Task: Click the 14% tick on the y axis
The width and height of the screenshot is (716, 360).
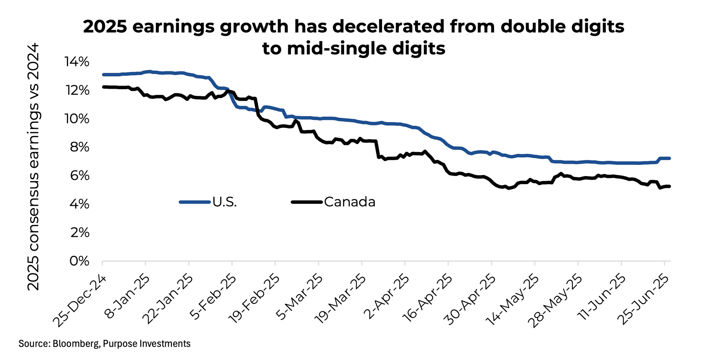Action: tap(77, 62)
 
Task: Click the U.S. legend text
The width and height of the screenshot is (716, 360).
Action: tap(224, 202)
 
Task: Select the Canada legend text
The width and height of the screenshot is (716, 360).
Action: tap(349, 202)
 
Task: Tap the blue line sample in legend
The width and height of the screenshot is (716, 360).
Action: tap(194, 202)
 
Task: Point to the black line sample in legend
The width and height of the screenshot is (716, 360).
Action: tap(307, 202)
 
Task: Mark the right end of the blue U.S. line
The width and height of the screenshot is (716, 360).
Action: tap(669, 158)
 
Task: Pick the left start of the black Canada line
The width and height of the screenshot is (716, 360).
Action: tap(103, 87)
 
